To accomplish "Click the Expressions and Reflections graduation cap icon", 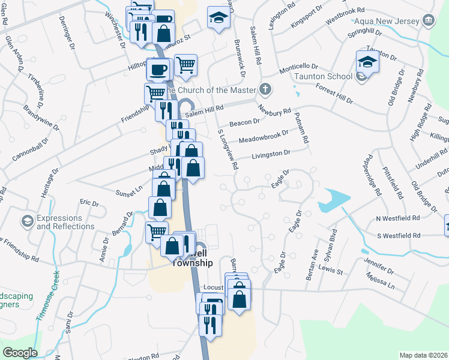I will (x=26, y=222).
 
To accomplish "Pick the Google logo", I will (x=20, y=353).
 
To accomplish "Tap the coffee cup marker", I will (x=158, y=70).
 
